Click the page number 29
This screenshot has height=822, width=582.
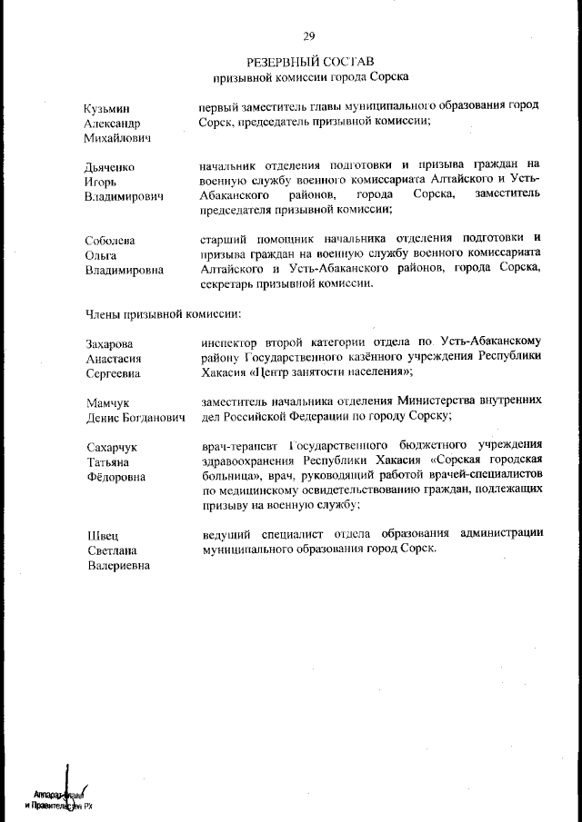[309, 36]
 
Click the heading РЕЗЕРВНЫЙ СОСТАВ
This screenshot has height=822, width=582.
[309, 62]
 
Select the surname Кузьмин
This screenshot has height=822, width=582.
[107, 107]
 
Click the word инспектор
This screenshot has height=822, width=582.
[233, 343]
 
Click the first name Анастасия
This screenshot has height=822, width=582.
[113, 359]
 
